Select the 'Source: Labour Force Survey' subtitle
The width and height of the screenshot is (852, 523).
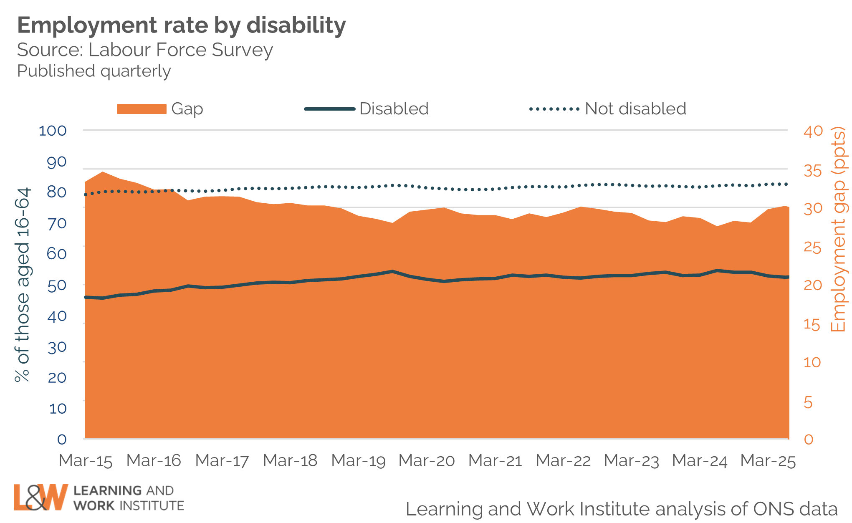click(x=145, y=50)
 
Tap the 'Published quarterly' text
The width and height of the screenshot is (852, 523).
click(x=94, y=71)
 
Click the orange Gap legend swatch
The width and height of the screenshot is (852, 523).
click(x=142, y=109)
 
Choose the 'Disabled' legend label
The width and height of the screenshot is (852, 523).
click(x=394, y=109)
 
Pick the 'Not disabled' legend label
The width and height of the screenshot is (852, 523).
click(x=635, y=109)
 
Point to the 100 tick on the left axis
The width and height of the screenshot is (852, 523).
click(x=53, y=131)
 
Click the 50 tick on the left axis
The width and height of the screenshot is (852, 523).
click(x=57, y=286)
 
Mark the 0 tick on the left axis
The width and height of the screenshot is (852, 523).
click(x=62, y=439)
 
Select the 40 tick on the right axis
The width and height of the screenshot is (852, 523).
click(x=813, y=131)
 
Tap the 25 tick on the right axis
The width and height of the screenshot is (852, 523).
click(x=813, y=248)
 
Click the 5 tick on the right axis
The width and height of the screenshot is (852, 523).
click(x=809, y=403)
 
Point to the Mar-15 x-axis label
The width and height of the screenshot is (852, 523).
click(x=86, y=461)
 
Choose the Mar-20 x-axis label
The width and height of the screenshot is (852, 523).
click(x=427, y=461)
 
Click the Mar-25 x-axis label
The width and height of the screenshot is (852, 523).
click(x=768, y=461)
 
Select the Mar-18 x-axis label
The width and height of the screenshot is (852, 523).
click(x=290, y=461)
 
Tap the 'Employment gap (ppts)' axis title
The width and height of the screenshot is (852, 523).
click(x=838, y=230)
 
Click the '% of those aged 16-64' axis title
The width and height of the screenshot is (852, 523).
click(x=23, y=285)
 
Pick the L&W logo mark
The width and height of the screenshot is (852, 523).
click(x=40, y=497)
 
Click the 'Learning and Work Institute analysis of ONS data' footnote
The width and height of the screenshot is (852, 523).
click(x=622, y=509)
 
